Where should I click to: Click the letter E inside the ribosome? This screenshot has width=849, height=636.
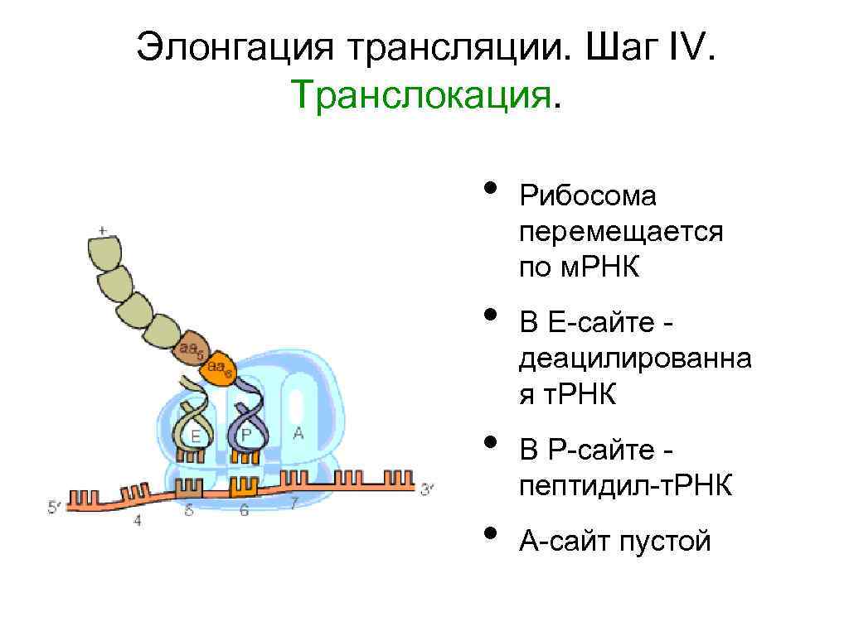tap(196, 436)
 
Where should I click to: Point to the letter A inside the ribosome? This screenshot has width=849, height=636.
tap(298, 432)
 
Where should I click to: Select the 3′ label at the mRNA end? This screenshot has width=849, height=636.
tap(426, 490)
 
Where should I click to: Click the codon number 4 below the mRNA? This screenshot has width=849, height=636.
tap(137, 521)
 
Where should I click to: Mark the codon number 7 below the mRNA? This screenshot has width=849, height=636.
tap(293, 503)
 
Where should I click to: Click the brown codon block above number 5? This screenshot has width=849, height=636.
tap(192, 487)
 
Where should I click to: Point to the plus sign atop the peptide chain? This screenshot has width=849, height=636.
tap(102, 229)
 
